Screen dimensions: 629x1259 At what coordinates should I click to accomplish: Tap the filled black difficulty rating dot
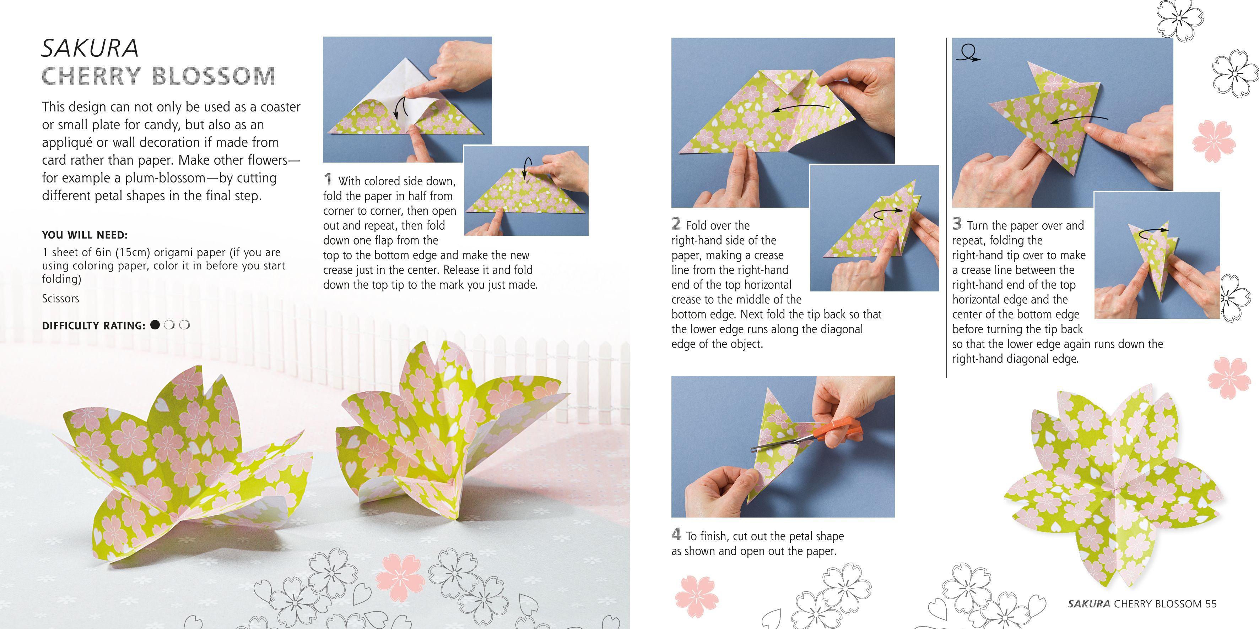tap(155, 325)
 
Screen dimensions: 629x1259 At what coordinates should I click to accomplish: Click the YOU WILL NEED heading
tap(85, 235)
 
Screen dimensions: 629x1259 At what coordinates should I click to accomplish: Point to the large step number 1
tap(328, 179)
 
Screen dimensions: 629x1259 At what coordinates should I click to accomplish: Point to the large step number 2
tap(676, 224)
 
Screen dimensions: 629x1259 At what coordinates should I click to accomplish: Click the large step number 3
tap(957, 224)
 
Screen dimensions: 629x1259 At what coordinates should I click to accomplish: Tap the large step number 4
tap(676, 534)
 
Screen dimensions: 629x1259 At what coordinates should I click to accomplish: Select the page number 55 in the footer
tap(1211, 603)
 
